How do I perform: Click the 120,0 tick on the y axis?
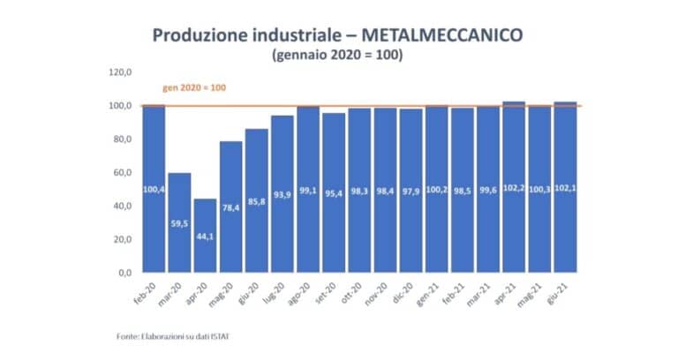click(x=120, y=72)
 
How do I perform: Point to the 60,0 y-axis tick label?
click(x=122, y=173)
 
